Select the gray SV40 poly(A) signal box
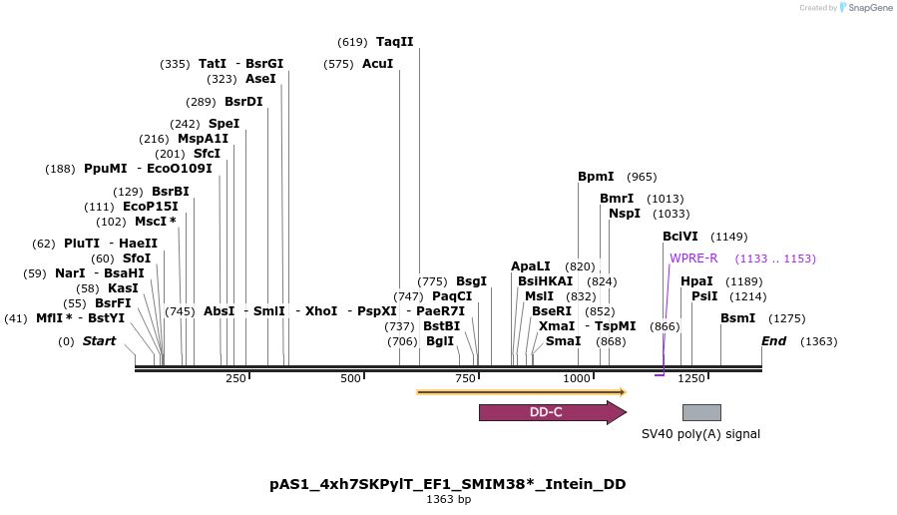701,412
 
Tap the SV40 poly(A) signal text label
700,434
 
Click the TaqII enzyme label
394,42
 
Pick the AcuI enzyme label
377,64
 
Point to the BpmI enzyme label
596,177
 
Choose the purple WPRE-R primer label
693,258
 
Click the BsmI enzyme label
738,318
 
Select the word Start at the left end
99,341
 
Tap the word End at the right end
773,341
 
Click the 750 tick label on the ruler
465,378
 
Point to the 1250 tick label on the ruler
691,378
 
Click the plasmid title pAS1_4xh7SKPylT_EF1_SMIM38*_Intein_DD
448,484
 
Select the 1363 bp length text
448,499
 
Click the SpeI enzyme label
224,124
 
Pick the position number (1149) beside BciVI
728,238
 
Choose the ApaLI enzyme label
531,266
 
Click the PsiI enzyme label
704,296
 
